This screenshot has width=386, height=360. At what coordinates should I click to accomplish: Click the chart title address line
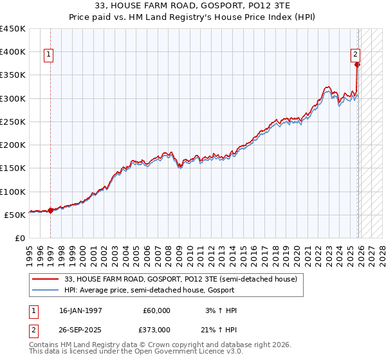193,6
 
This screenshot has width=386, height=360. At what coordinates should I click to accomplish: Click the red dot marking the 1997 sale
51,210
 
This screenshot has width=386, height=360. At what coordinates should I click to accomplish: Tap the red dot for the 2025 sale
357,64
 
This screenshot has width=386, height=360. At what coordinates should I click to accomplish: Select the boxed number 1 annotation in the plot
50,55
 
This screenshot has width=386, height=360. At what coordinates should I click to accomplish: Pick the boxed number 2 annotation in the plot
354,55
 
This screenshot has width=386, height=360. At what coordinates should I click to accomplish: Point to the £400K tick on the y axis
13,52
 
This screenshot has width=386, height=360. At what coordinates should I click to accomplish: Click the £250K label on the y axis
13,122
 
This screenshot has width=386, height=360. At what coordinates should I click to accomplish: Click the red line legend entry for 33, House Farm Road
180,279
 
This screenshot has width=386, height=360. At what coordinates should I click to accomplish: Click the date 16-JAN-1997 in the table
80,310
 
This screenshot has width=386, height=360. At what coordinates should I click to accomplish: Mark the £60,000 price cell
156,310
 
